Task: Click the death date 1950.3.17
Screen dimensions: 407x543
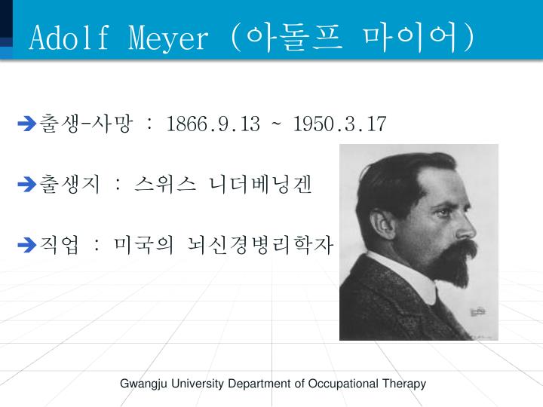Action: coord(340,124)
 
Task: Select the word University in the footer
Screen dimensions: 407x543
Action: coord(197,384)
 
